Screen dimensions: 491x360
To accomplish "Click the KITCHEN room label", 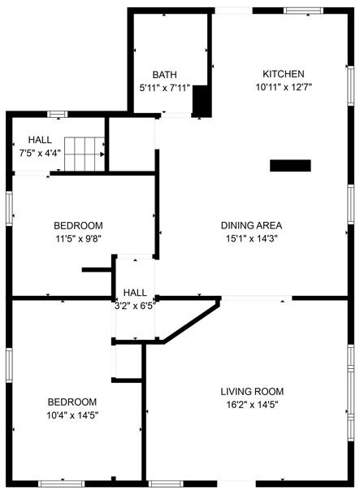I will tap(283, 74).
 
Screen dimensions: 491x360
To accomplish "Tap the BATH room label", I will tap(165, 75).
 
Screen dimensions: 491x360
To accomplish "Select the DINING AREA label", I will tap(251, 225).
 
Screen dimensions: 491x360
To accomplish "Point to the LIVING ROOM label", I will tap(252, 390).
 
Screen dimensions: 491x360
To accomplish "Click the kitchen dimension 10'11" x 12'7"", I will tap(284, 86).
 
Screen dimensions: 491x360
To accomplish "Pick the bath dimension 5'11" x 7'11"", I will tap(165, 87).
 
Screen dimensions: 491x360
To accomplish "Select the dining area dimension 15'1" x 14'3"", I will tap(251, 238).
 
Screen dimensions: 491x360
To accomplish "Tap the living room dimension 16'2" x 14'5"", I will tap(252, 403).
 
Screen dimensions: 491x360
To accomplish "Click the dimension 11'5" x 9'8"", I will tap(78, 238).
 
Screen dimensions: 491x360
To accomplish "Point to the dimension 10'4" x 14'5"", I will tap(72, 415).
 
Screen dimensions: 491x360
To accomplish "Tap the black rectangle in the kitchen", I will tap(290, 166).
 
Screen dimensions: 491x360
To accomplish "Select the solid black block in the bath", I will tap(201, 101).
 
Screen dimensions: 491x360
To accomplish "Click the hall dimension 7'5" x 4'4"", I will tap(40, 152).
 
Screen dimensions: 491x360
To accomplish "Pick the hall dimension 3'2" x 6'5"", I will tap(135, 306).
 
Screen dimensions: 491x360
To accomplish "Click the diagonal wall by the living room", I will tap(192, 321).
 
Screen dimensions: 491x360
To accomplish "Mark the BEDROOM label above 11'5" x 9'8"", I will tap(78, 225).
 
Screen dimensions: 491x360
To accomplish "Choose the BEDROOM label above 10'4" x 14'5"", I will tap(72, 402).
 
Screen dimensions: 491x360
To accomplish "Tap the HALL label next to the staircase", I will tap(40, 140).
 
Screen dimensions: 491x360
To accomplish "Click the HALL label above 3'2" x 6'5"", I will tap(135, 293).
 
